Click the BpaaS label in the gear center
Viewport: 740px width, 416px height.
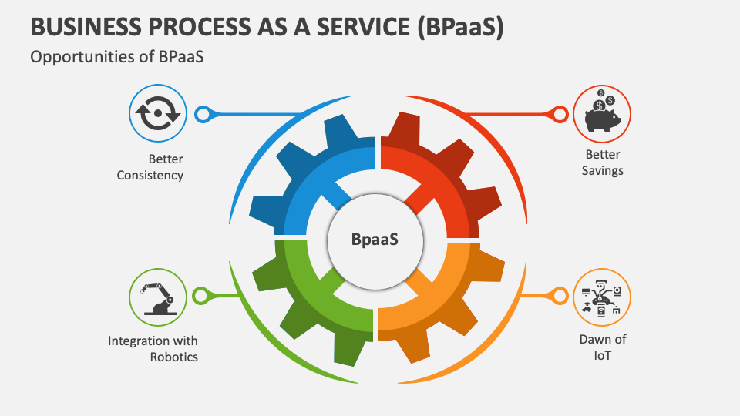pos(375,239)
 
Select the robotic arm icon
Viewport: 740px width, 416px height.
pos(157,297)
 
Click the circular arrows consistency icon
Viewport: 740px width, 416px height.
pos(157,114)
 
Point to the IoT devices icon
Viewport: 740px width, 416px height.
pos(601,297)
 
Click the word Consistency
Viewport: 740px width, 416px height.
pos(150,175)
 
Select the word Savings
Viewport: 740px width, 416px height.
pos(602,170)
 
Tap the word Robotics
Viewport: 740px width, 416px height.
pos(173,357)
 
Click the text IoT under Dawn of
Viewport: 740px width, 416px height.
pos(602,355)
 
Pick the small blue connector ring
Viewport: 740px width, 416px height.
pos(203,115)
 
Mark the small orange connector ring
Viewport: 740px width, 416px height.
pos(559,296)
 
